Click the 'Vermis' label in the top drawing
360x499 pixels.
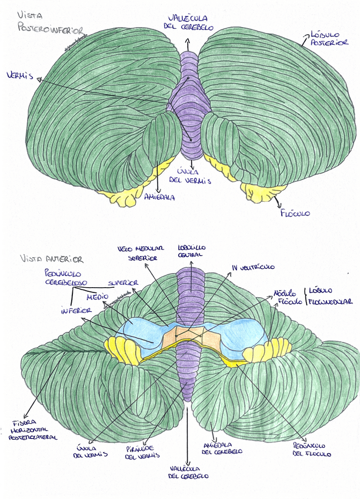pyautogui.click(x=20, y=75)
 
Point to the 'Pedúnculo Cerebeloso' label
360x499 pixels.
pyautogui.click(x=65, y=278)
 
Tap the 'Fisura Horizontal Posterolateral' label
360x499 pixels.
pyautogui.click(x=35, y=430)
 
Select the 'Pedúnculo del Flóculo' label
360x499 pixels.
pyautogui.click(x=312, y=450)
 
